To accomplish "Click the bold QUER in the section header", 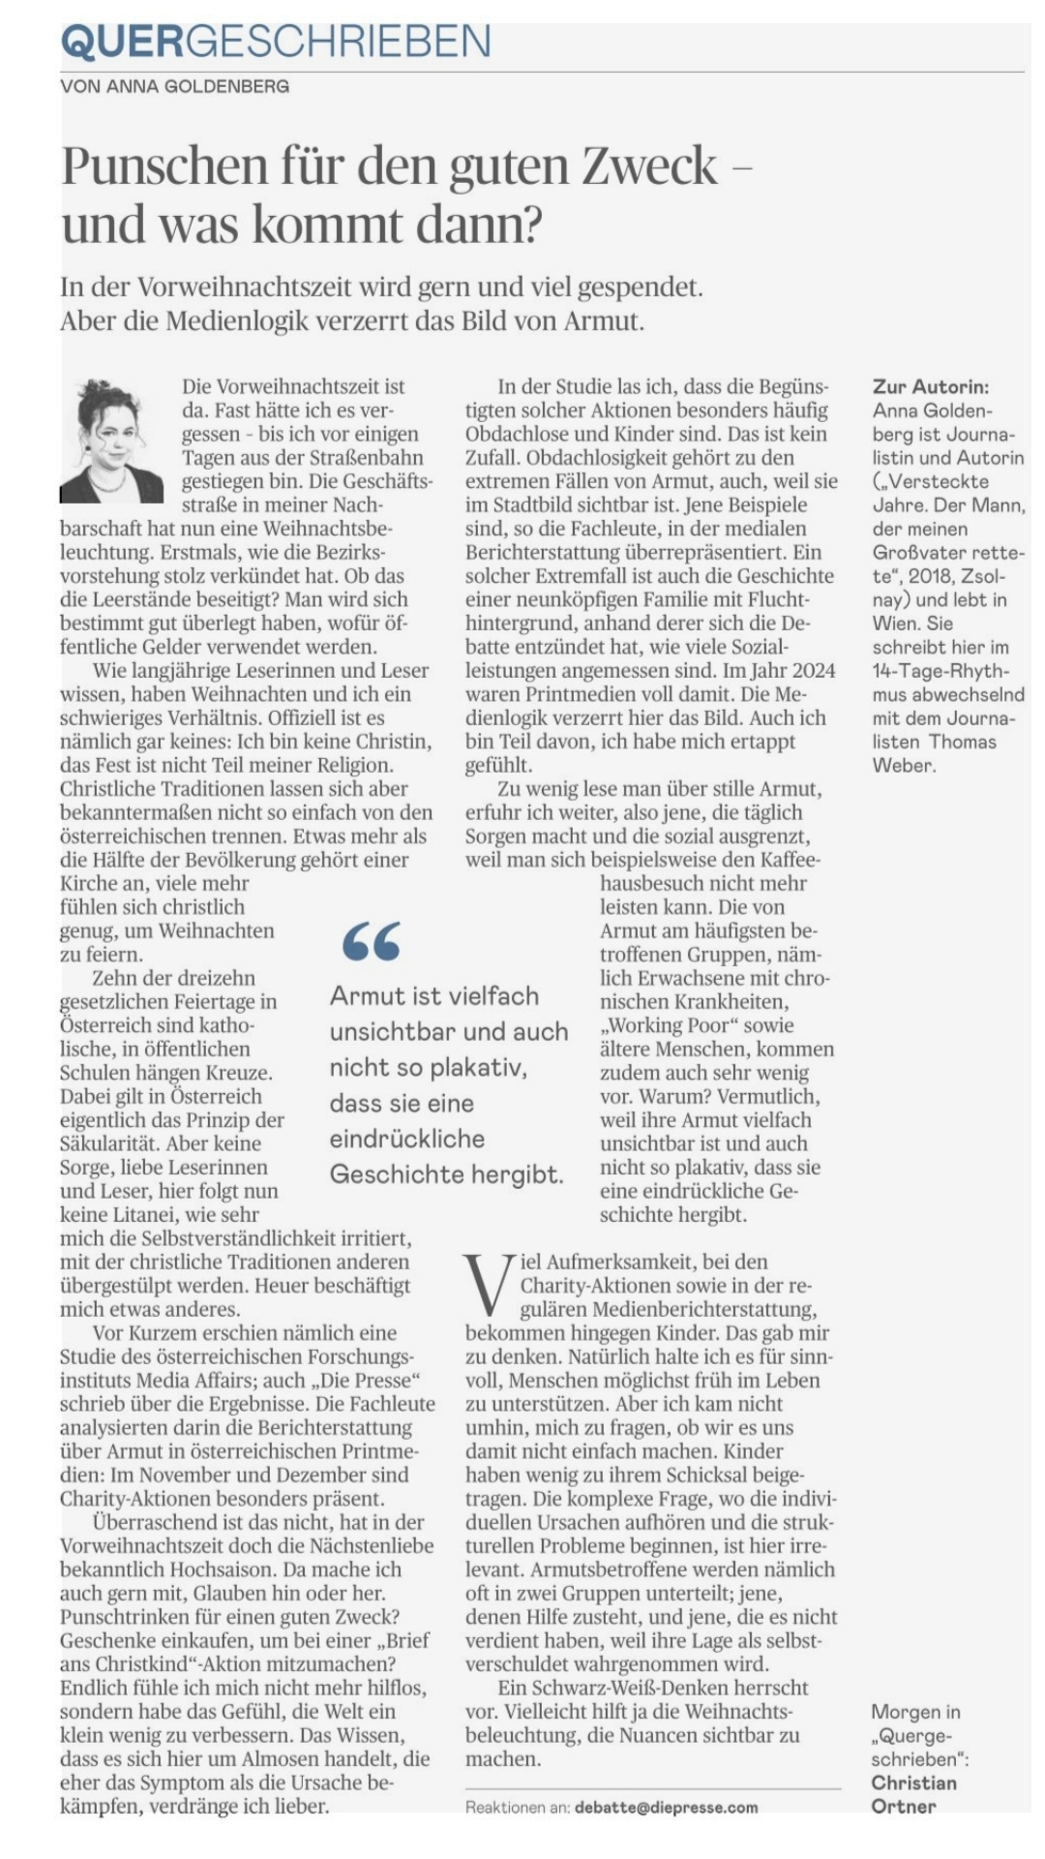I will [x=122, y=42].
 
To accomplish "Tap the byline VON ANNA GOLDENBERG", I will [x=174, y=87].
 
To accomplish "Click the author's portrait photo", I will [x=111, y=440].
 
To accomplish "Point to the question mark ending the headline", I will [x=530, y=225].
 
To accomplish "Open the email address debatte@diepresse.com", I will [x=666, y=1807].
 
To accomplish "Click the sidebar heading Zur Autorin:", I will [x=931, y=386].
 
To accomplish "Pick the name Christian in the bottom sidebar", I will [x=913, y=1783].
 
